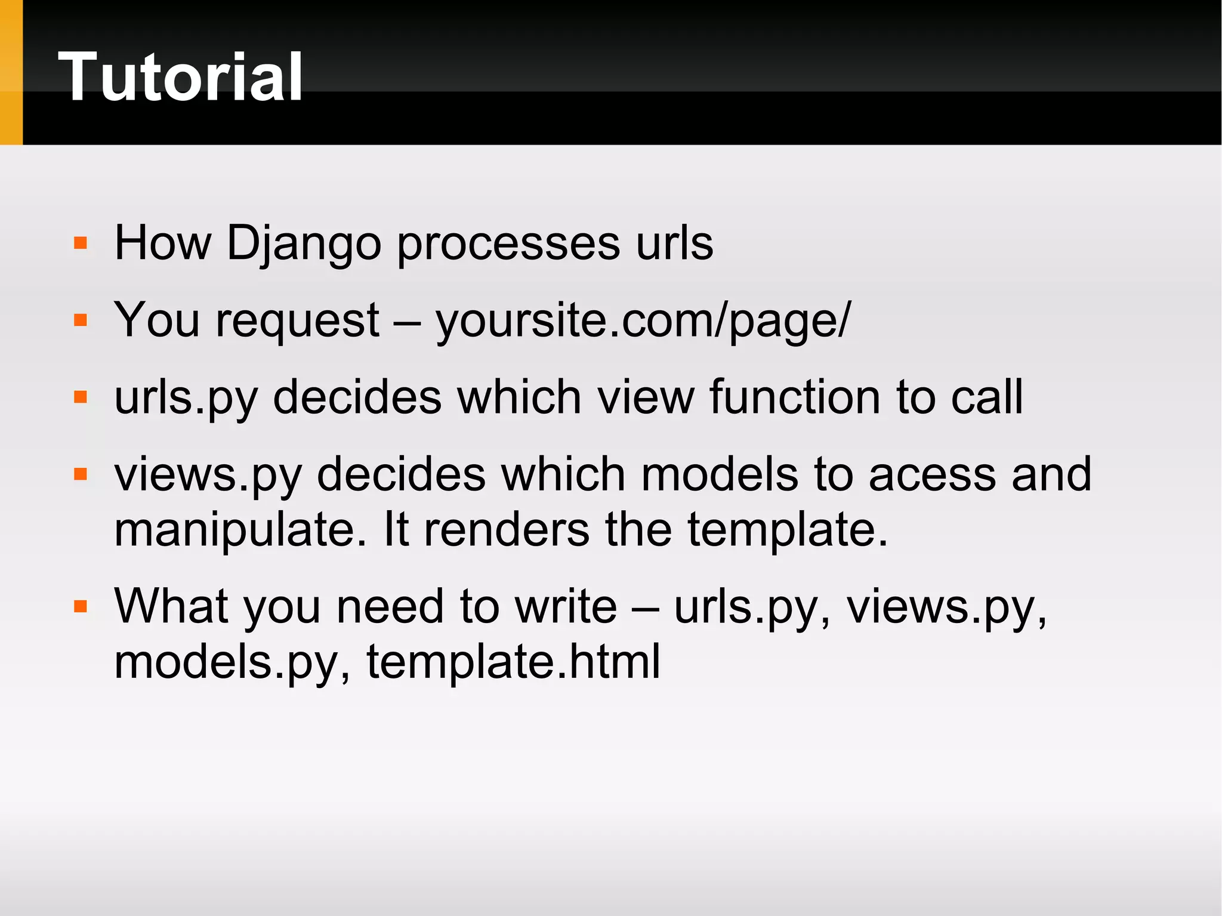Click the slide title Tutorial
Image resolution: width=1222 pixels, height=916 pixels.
tap(180, 78)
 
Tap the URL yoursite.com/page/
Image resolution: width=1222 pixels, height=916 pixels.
tap(643, 321)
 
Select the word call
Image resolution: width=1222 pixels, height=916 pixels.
tap(987, 397)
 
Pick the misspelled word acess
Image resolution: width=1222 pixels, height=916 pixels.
tap(932, 475)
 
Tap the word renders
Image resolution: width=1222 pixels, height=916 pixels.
tap(506, 530)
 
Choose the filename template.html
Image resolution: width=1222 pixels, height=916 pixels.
tap(513, 662)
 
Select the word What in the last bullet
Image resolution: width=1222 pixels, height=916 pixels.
tap(171, 606)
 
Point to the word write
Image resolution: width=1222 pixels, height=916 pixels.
tap(566, 606)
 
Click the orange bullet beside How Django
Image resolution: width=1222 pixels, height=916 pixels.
tap(81, 243)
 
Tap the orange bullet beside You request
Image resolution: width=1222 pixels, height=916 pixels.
tap(81, 320)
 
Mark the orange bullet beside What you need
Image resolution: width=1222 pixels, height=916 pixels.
tap(81, 607)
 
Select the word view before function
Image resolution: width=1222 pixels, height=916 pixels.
tap(646, 397)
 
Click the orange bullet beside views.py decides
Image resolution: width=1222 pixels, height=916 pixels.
tap(81, 474)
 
